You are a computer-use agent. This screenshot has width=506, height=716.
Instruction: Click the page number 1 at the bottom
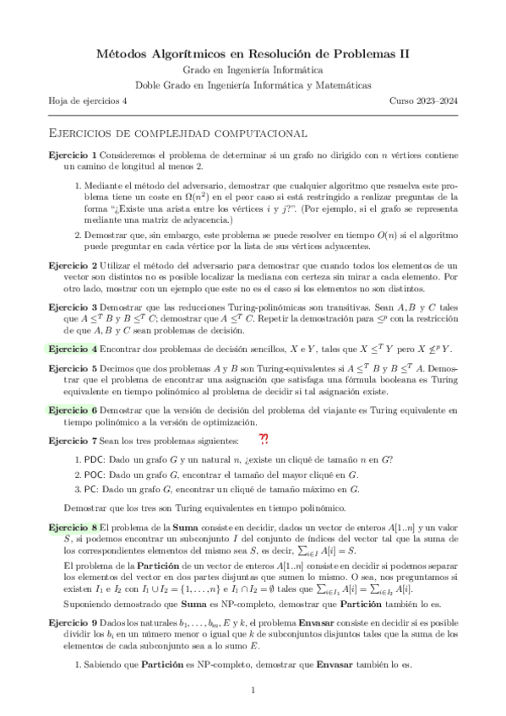(253, 692)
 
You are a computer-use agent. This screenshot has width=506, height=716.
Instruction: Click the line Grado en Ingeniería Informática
(253, 70)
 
